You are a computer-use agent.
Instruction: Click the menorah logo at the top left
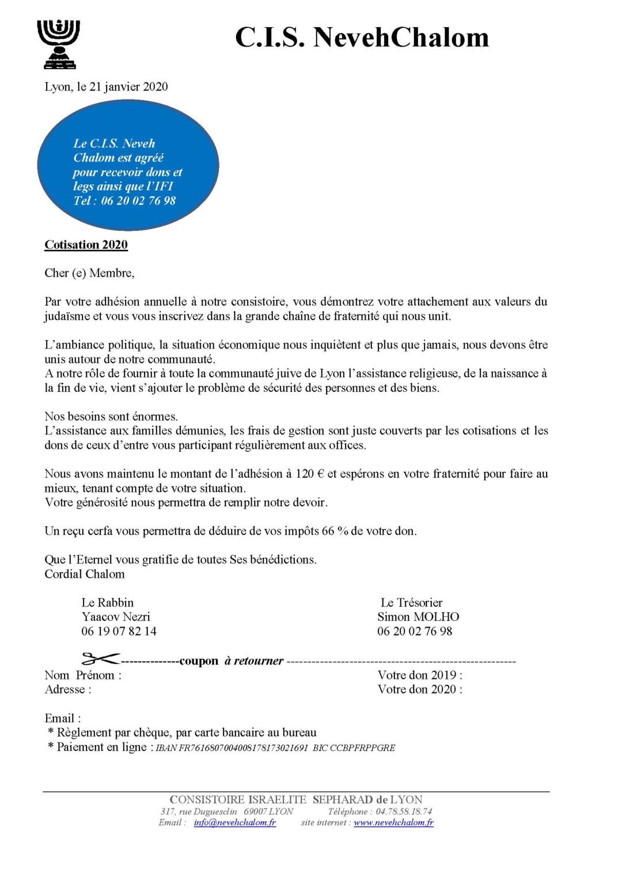pyautogui.click(x=58, y=44)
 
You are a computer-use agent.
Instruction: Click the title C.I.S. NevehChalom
pyautogui.click(x=362, y=38)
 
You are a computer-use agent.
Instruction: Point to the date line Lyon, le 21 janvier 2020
pyautogui.click(x=107, y=87)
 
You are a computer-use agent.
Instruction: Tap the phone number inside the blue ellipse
pyautogui.click(x=138, y=201)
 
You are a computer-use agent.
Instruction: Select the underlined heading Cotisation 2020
pyautogui.click(x=86, y=245)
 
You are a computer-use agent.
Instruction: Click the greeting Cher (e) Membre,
pyautogui.click(x=90, y=273)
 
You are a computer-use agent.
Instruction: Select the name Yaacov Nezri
pyautogui.click(x=116, y=617)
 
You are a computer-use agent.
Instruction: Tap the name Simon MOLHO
pyautogui.click(x=418, y=617)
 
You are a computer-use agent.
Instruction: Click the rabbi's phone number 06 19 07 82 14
pyautogui.click(x=119, y=632)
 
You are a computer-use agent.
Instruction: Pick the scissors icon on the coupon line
pyautogui.click(x=100, y=659)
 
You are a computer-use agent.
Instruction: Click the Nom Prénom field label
pyautogui.click(x=83, y=675)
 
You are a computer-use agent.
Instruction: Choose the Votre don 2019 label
pyautogui.click(x=420, y=675)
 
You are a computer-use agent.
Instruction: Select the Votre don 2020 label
pyautogui.click(x=420, y=690)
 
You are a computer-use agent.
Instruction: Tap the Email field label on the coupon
pyautogui.click(x=63, y=719)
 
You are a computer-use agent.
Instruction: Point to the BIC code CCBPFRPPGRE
pyautogui.click(x=362, y=749)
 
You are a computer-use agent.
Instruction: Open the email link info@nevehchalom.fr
pyautogui.click(x=235, y=823)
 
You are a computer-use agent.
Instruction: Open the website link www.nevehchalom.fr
pyautogui.click(x=393, y=823)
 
